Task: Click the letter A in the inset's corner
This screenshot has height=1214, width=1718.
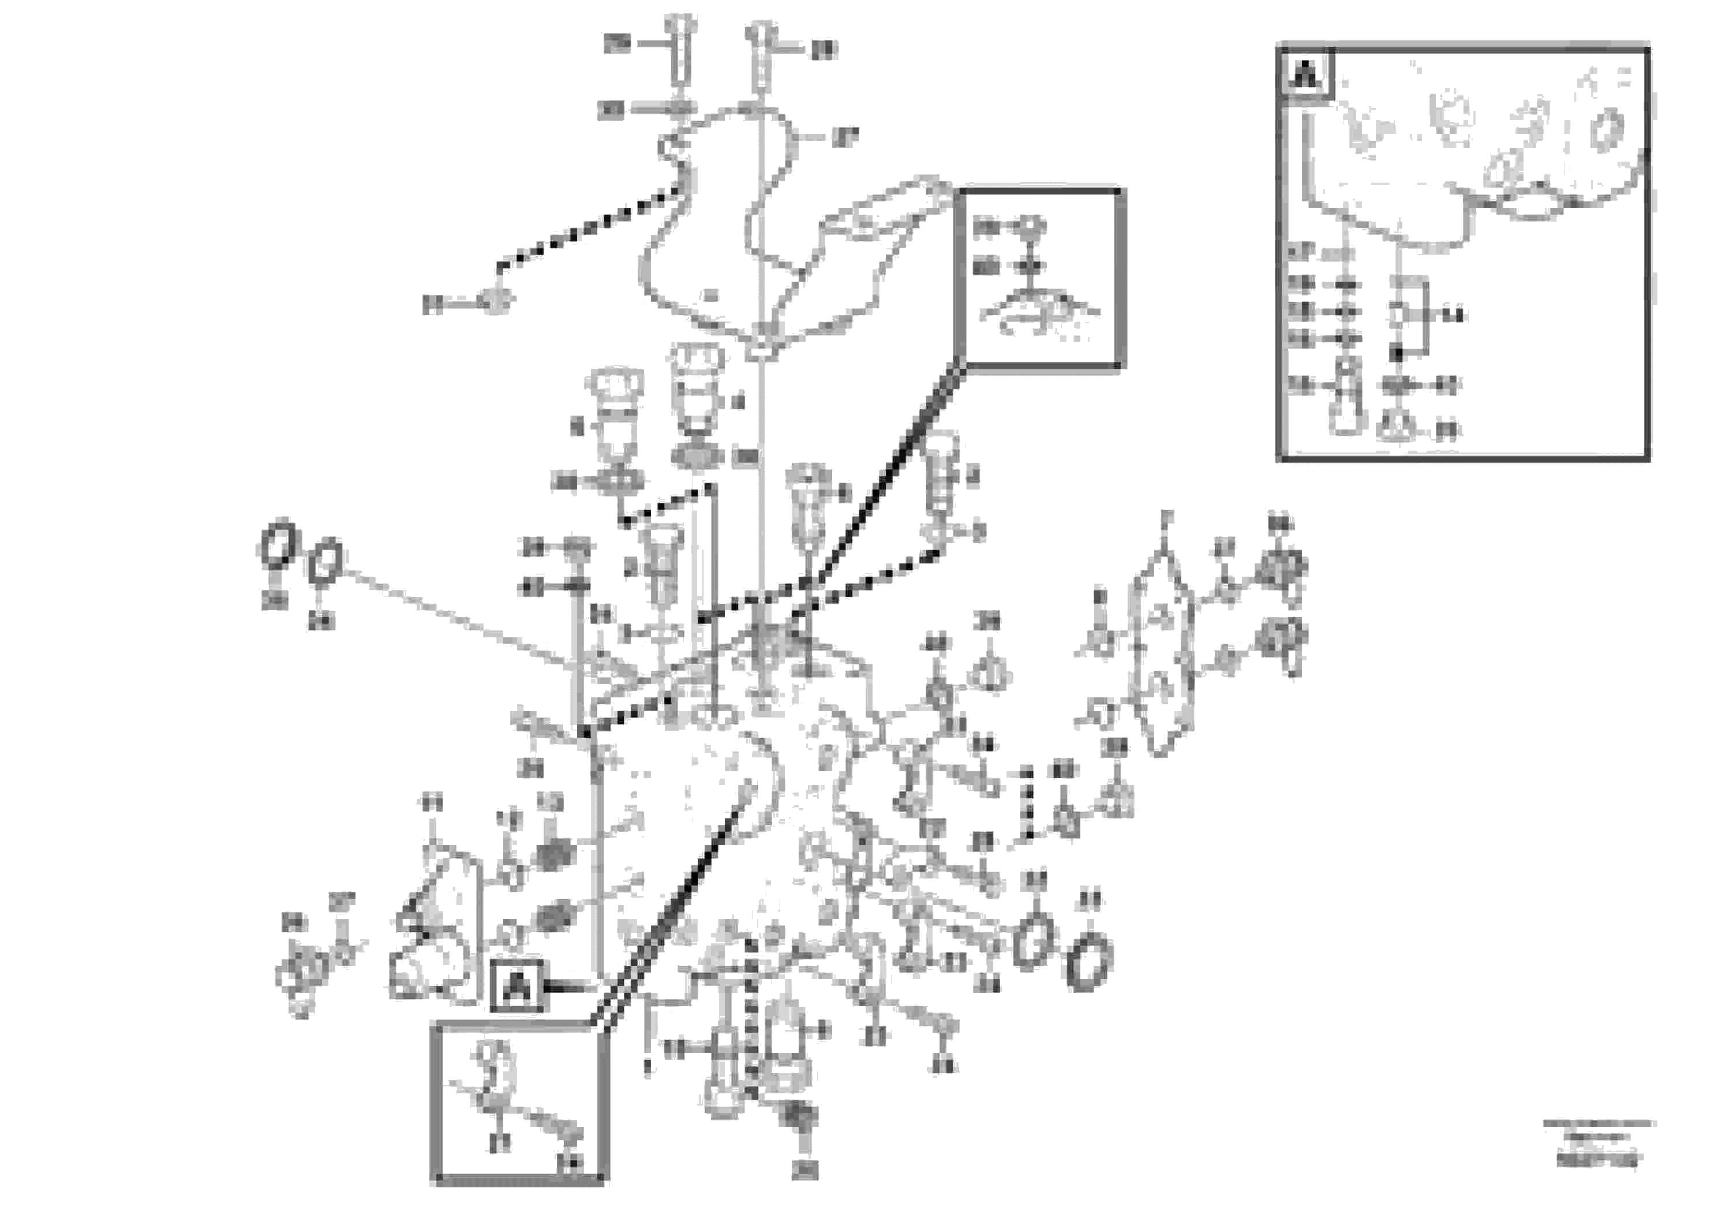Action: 1306,73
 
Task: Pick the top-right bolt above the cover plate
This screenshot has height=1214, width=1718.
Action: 759,53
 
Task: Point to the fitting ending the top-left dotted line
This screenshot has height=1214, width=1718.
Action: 495,301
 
